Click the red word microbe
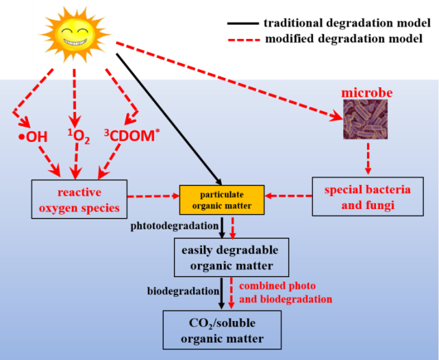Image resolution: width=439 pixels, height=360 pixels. pyautogui.click(x=367, y=93)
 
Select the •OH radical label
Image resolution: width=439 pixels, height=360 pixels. pyautogui.click(x=32, y=136)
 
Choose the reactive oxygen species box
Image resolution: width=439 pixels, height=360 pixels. pyautogui.click(x=80, y=199)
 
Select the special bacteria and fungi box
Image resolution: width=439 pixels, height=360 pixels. pyautogui.click(x=368, y=196)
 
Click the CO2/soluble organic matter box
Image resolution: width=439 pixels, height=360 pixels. pyautogui.click(x=222, y=329)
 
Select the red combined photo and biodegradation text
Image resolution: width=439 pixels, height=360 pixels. pyautogui.click(x=285, y=292)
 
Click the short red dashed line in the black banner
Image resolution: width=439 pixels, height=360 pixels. pyautogui.click(x=244, y=40)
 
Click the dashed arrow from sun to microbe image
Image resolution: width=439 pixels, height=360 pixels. pyautogui.click(x=229, y=81)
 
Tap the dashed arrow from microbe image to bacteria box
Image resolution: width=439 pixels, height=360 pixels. pyautogui.click(x=368, y=157)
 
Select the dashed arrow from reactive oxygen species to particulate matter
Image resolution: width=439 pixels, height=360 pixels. pyautogui.click(x=154, y=196)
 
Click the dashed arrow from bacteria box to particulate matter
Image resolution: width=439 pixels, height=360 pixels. pyautogui.click(x=289, y=196)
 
